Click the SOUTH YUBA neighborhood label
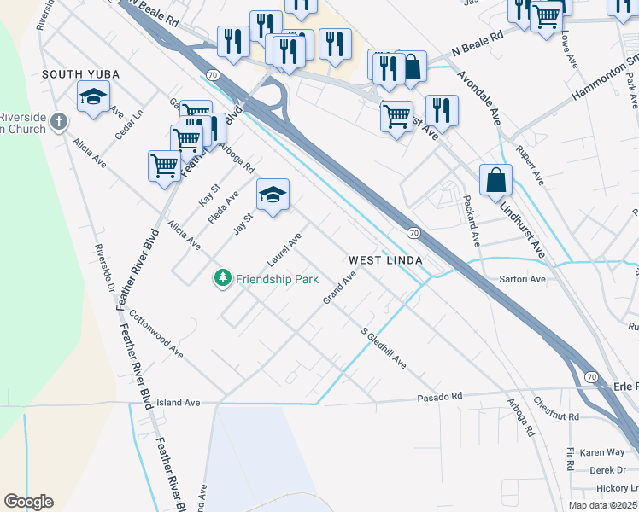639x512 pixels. (81, 75)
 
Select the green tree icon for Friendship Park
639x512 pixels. (222, 278)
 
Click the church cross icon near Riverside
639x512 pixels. (57, 122)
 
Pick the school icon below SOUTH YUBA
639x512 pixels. (93, 98)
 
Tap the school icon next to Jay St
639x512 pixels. (273, 197)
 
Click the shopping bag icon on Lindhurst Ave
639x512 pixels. (495, 182)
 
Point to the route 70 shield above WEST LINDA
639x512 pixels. (413, 233)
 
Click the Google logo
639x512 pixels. (28, 502)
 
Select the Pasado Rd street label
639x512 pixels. (439, 397)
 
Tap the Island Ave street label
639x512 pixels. (178, 402)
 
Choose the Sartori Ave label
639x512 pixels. (523, 279)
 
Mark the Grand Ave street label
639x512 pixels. (338, 288)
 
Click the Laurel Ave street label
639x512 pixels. (284, 247)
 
